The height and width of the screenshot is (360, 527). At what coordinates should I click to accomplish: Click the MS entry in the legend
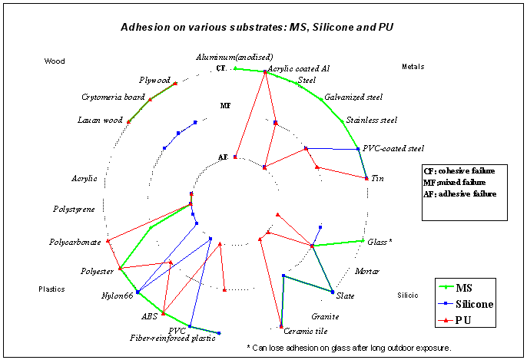[x=464, y=288]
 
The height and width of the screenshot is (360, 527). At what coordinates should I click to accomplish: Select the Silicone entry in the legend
[x=474, y=304]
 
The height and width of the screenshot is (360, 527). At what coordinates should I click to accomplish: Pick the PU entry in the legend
[x=464, y=320]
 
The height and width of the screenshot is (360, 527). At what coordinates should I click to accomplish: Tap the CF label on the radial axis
[x=221, y=68]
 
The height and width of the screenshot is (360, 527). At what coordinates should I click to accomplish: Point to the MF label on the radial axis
[x=224, y=105]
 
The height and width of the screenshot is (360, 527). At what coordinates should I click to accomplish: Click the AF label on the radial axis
[x=223, y=157]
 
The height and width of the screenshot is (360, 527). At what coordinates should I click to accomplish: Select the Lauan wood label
[x=100, y=120]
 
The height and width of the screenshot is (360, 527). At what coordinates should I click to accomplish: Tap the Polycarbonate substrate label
[x=75, y=242]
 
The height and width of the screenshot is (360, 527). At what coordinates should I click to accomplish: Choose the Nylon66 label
[x=117, y=296]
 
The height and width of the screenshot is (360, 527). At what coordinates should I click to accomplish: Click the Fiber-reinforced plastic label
[x=172, y=337]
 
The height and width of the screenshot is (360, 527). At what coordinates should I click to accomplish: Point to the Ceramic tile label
[x=306, y=332]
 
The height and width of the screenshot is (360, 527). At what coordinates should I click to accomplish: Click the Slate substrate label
[x=346, y=295]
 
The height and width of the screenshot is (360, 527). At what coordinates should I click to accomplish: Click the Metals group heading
[x=413, y=67]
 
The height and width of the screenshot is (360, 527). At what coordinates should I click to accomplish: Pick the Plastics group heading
[x=52, y=289]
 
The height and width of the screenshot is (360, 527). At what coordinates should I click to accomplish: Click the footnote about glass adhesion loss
[x=349, y=348]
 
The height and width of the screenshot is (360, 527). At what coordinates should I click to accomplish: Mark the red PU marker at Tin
[x=366, y=178]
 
